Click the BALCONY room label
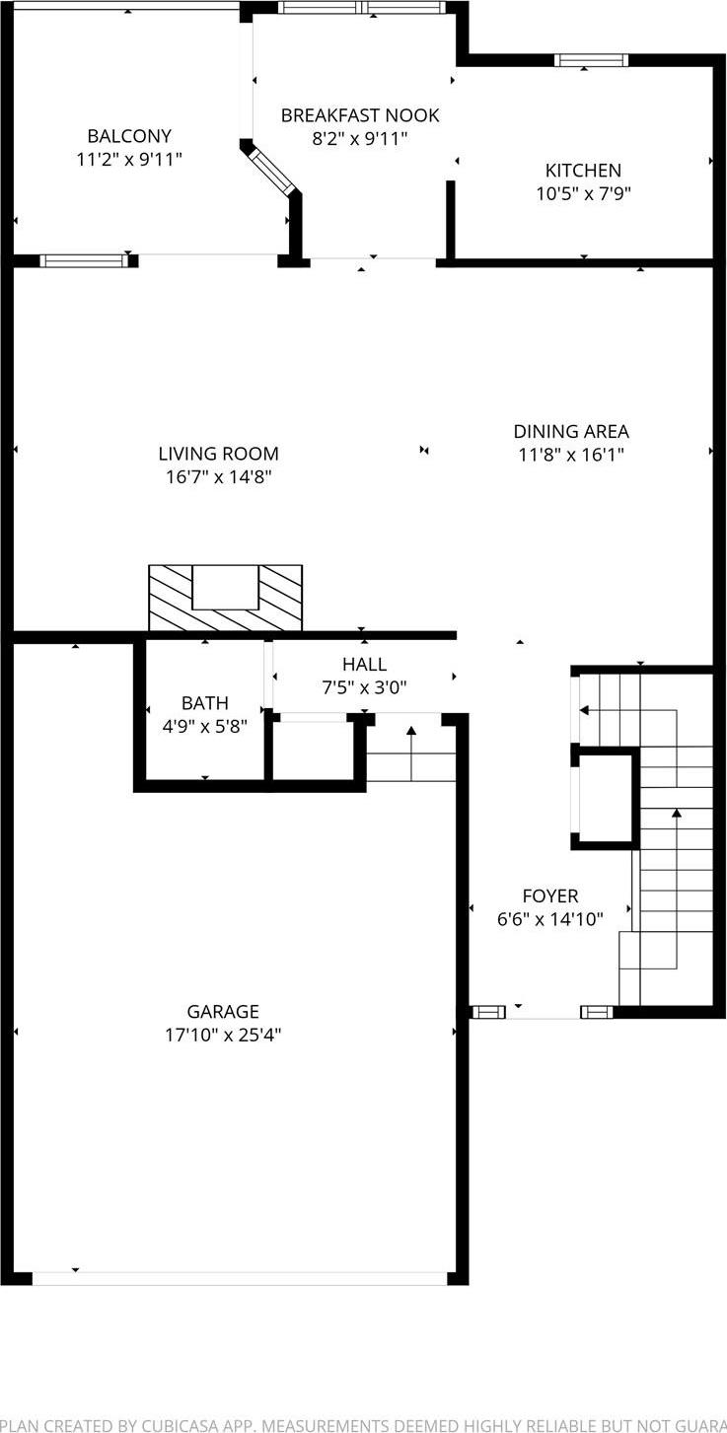pos(129,136)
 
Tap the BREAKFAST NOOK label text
pos(360,115)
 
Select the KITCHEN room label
pos(583,171)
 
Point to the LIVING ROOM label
pos(218,454)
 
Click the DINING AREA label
pos(570,431)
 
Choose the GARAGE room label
pos(223,1011)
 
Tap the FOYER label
pos(550,896)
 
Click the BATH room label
pos(204,703)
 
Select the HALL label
pos(364,665)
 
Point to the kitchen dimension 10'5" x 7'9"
pos(583,194)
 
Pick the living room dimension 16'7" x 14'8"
pos(218,477)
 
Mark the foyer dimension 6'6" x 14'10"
pos(550,919)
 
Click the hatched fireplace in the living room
pos(225,599)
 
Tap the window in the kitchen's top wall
pos(591,60)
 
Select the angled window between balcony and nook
pos(270,170)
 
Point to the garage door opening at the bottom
pos(240,1278)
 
